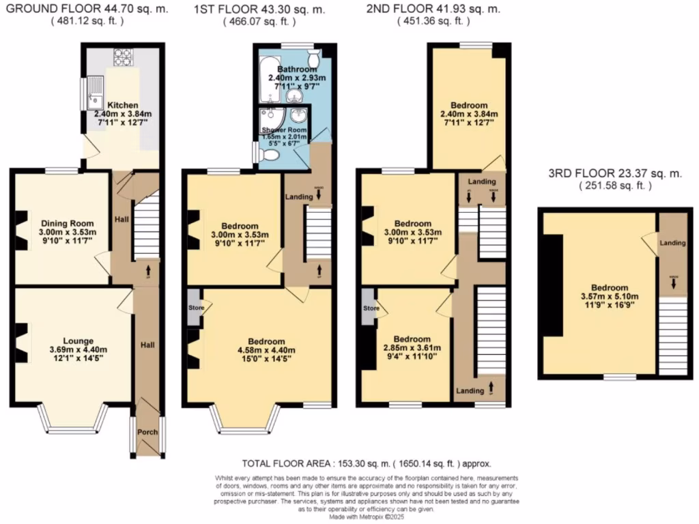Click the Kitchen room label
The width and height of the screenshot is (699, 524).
(x=113, y=105)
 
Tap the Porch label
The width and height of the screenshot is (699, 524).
(x=147, y=432)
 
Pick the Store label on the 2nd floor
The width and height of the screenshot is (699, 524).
(x=370, y=308)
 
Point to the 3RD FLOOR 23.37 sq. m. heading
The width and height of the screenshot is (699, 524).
(x=615, y=174)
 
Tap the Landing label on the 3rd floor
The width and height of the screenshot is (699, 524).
(x=673, y=242)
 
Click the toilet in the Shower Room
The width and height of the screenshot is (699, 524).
(x=270, y=155)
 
